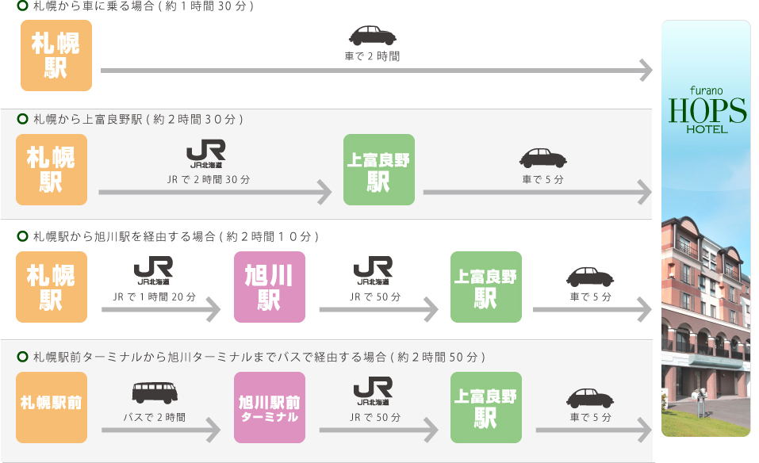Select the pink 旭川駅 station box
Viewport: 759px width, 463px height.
point(270,287)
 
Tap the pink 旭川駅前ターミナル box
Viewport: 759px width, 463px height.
point(270,408)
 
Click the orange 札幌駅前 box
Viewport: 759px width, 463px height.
point(52,408)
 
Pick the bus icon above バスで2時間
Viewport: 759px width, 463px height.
point(155,392)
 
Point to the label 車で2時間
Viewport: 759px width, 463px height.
point(372,56)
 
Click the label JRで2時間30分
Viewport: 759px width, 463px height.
point(209,180)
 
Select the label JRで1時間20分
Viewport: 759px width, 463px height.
point(155,297)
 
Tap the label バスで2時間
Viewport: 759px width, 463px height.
point(155,417)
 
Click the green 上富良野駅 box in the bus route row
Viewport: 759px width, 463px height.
point(486,408)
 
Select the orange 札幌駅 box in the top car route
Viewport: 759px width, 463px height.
point(56,55)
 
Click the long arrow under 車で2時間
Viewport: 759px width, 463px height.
point(376,71)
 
